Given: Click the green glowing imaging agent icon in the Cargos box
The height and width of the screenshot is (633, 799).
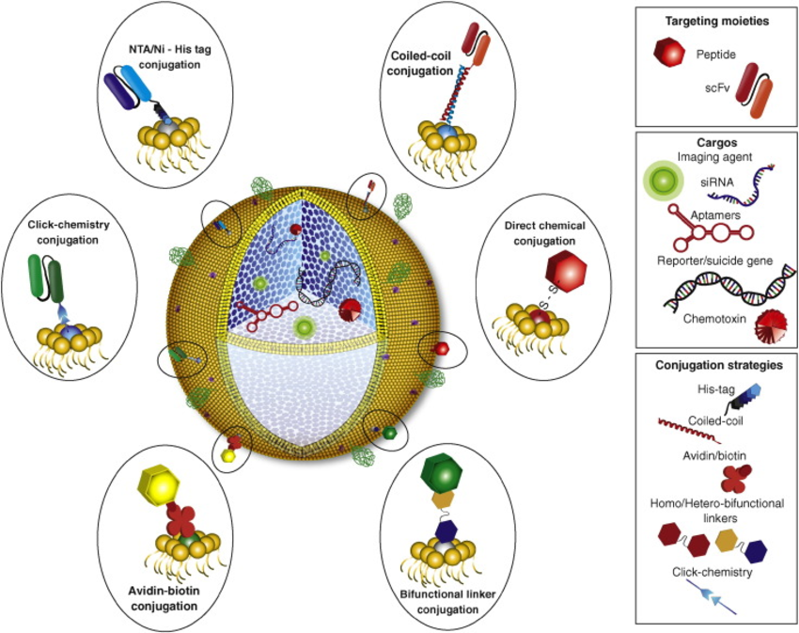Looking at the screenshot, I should pyautogui.click(x=661, y=180).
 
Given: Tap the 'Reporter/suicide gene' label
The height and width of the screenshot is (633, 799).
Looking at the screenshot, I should pyautogui.click(x=713, y=257).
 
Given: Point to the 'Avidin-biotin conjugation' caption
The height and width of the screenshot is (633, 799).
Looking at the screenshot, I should pyautogui.click(x=172, y=599).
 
